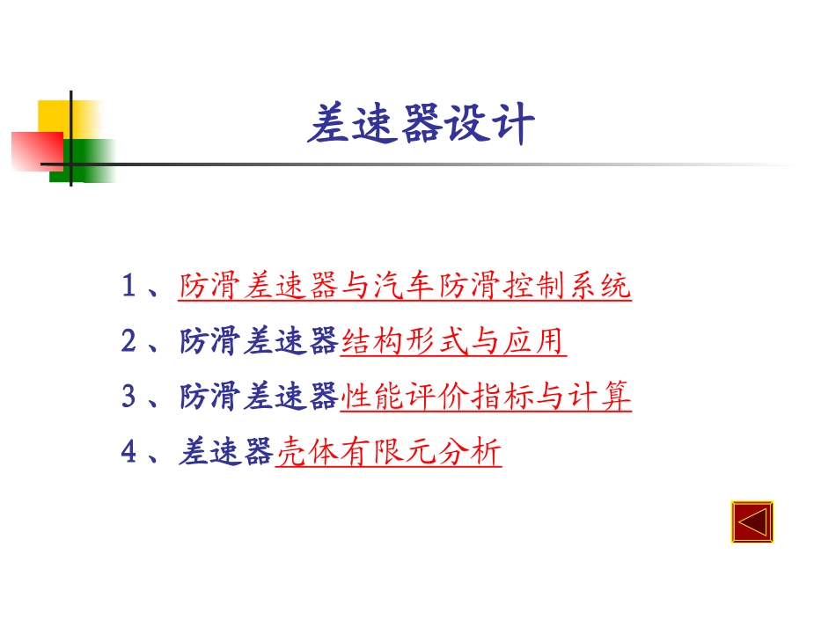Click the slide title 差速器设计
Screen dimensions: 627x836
(421, 125)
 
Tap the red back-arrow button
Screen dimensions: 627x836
(752, 522)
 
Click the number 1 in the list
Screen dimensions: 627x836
(129, 287)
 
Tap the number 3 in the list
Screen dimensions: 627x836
(129, 397)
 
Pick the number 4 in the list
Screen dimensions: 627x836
(129, 453)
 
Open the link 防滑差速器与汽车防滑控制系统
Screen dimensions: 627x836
(405, 287)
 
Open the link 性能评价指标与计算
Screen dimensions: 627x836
(485, 397)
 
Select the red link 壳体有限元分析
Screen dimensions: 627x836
(388, 453)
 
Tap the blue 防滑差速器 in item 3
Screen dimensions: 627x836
(259, 397)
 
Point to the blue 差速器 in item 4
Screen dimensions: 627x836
(226, 453)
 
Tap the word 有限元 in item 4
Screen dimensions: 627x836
(388, 453)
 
